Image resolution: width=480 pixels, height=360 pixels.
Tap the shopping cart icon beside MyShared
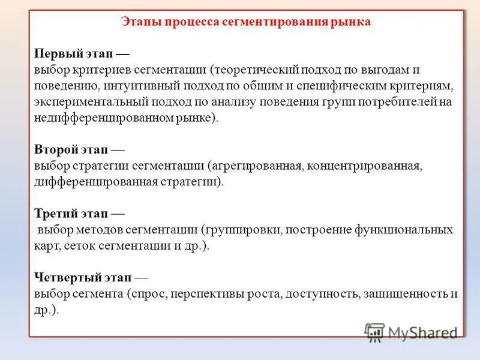tap(375, 332)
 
